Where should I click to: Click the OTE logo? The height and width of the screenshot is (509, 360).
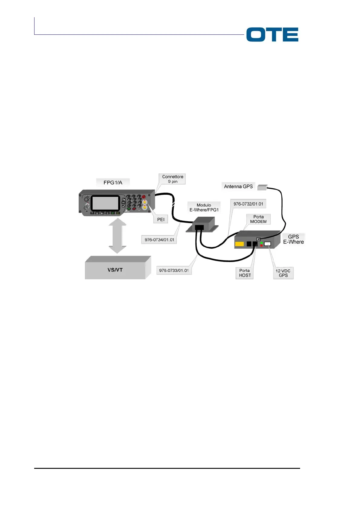[272, 34]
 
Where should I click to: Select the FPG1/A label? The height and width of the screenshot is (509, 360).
[113, 183]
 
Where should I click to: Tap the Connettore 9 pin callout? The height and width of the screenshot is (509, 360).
[172, 179]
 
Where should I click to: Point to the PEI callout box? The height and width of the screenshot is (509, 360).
[161, 219]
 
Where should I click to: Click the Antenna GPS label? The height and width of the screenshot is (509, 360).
[238, 186]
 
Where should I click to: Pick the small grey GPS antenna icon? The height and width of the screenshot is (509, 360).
[262, 187]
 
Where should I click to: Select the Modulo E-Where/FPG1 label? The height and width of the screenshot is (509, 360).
[204, 207]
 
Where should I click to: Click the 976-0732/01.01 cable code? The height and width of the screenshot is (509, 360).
[248, 204]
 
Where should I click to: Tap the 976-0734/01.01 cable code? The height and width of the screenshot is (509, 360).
[159, 240]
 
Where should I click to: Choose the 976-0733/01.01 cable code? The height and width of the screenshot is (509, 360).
[174, 271]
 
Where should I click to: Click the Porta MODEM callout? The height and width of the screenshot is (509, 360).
[258, 219]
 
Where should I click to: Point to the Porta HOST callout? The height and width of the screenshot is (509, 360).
[245, 273]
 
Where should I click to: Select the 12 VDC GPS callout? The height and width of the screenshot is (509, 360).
[283, 273]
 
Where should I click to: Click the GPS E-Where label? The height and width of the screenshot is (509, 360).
[293, 239]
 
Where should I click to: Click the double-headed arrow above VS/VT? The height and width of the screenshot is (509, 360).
[117, 236]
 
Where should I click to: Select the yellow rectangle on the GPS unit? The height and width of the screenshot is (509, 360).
[239, 244]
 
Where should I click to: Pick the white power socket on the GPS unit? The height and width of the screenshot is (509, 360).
[267, 244]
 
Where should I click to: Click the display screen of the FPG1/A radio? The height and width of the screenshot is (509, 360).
[105, 203]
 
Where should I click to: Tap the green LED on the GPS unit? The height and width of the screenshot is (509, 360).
[261, 243]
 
